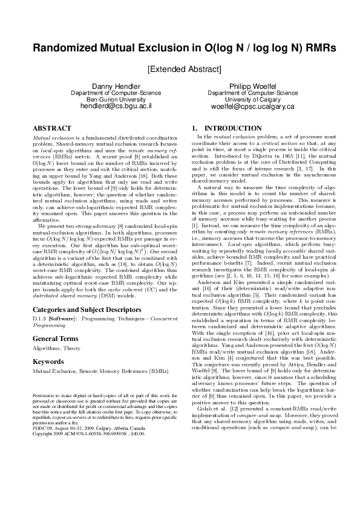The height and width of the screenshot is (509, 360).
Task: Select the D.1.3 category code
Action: point(39,317)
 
